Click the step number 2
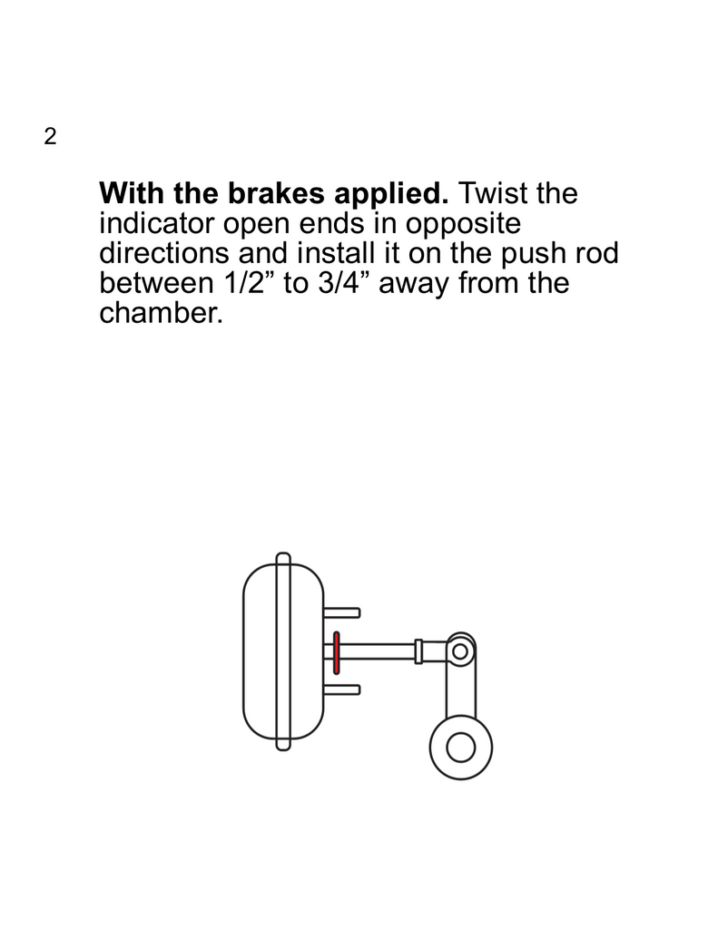click(x=49, y=137)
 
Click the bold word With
click(x=133, y=194)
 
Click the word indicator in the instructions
click(x=154, y=223)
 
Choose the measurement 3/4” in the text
click(x=343, y=283)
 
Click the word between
click(x=157, y=283)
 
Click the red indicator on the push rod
click(x=336, y=652)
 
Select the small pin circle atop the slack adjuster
click(x=460, y=650)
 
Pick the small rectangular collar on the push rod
click(x=418, y=650)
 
